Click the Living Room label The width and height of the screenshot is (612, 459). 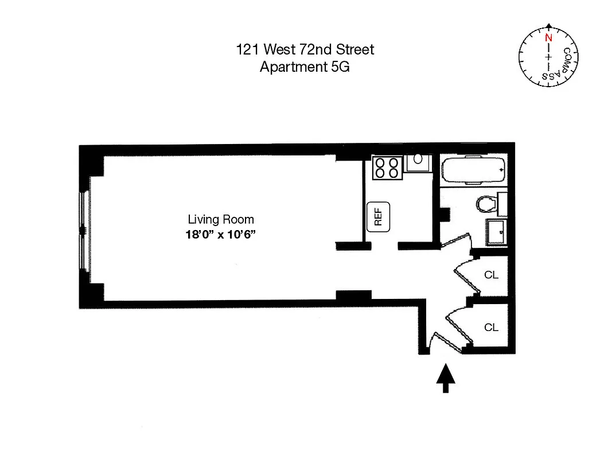[221, 219]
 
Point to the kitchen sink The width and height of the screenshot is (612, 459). [418, 162]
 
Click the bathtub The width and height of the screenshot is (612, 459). [474, 170]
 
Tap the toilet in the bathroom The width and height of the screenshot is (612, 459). [486, 204]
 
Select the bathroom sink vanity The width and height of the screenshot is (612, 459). [497, 231]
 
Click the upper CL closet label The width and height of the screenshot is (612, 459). [492, 275]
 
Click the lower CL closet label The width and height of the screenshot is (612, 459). [492, 328]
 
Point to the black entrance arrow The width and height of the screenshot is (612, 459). [446, 379]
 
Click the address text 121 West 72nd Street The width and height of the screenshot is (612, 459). [305, 50]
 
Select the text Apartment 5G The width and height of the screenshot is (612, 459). [305, 67]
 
